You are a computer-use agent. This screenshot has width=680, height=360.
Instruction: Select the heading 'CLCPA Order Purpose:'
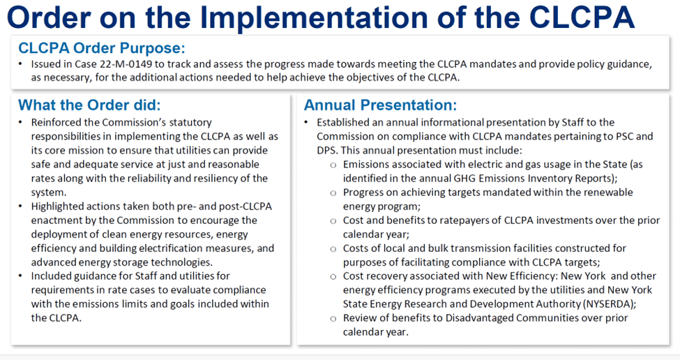coord(102,48)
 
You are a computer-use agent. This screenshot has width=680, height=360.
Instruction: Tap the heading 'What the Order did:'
coord(89,105)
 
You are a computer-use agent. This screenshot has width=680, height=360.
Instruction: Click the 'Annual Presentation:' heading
coord(380,105)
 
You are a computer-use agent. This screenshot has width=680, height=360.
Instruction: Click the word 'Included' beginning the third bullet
coord(51,276)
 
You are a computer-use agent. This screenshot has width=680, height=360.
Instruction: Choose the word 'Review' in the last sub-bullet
coord(359,318)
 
